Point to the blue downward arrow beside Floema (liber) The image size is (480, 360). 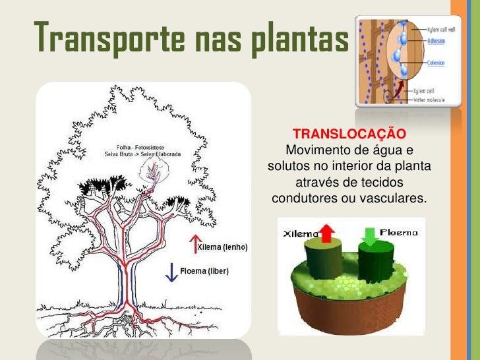tap(172, 272)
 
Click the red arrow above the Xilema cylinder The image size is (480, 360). tap(327, 233)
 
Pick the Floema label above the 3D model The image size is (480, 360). tap(399, 232)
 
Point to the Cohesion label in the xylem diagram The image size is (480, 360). tap(436, 63)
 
